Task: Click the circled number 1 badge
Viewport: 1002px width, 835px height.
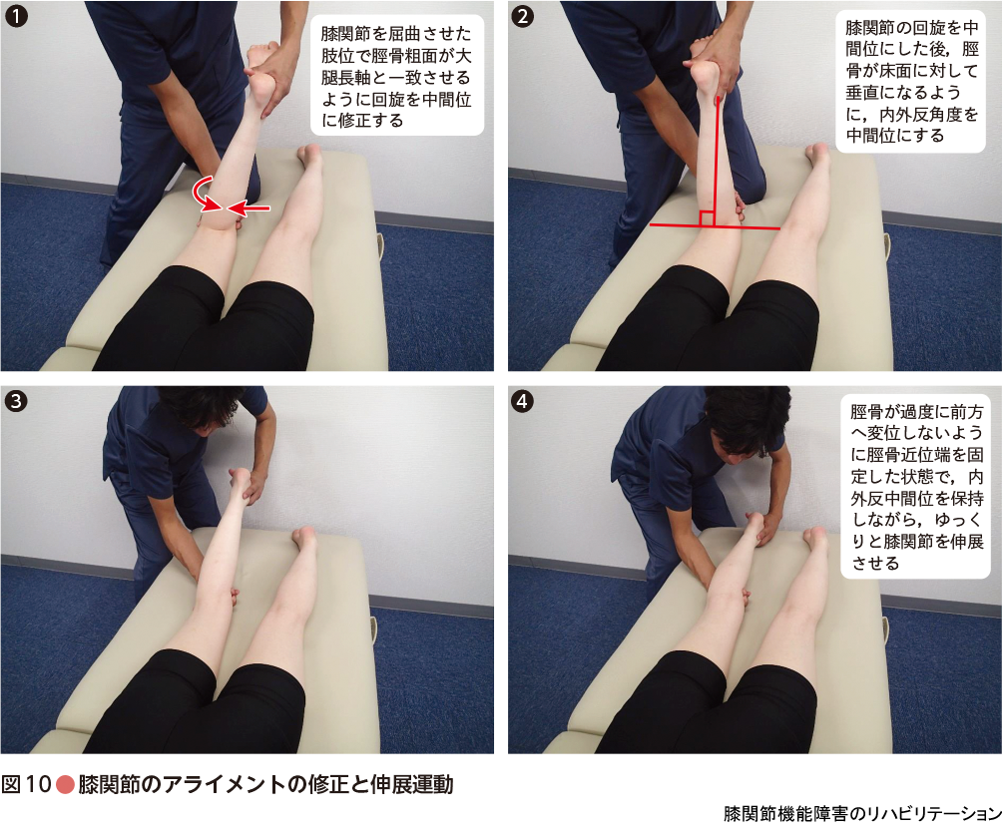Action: (x=16, y=16)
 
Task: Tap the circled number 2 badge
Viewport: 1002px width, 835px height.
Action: (x=523, y=16)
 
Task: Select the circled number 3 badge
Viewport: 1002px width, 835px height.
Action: (x=16, y=401)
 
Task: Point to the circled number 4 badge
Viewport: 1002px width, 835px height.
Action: (x=523, y=401)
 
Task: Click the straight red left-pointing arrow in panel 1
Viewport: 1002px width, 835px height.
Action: (x=249, y=208)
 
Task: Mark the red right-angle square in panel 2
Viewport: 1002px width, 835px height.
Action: (x=707, y=218)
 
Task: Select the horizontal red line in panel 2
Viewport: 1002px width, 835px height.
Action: (x=715, y=226)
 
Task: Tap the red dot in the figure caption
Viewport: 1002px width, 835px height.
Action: (x=65, y=784)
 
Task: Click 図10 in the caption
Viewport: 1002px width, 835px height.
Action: (x=26, y=784)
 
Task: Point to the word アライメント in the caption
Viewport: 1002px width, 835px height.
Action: (x=224, y=784)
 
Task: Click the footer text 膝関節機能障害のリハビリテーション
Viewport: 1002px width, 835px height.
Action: (x=862, y=813)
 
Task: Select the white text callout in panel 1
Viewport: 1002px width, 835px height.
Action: (x=397, y=76)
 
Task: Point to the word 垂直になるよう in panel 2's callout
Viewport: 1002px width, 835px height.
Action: (x=903, y=92)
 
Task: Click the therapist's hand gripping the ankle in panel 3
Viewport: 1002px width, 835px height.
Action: (x=252, y=486)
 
